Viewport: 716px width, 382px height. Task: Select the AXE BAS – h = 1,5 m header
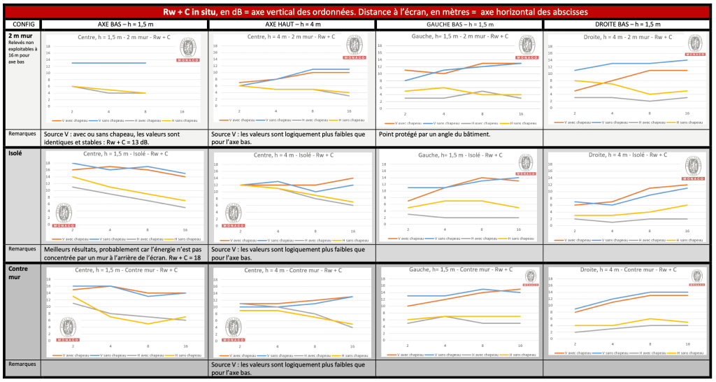coord(124,24)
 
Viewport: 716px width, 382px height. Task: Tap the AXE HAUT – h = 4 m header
coord(293,24)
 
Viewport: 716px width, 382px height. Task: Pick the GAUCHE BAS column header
coord(459,24)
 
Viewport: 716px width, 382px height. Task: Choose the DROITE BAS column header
coord(627,24)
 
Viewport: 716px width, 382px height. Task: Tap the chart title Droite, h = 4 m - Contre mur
coord(626,270)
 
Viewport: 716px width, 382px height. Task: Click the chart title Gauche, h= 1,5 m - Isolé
coord(458,155)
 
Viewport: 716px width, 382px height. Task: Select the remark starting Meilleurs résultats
coord(124,253)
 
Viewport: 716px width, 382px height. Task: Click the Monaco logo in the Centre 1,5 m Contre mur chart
coord(67,328)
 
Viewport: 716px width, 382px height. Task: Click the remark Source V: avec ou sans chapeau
coord(124,138)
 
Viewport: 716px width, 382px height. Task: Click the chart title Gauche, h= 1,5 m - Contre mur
coord(458,269)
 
